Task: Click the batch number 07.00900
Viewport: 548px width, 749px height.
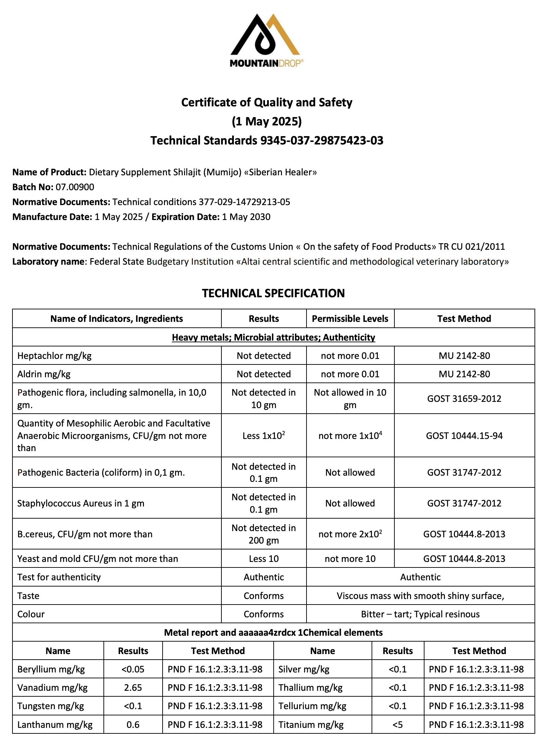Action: [75, 187]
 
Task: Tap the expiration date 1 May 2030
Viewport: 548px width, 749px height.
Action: [246, 217]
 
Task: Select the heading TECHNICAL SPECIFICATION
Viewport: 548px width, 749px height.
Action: [273, 293]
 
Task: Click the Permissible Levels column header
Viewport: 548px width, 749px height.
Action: [350, 319]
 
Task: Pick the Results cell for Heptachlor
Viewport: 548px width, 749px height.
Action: [264, 356]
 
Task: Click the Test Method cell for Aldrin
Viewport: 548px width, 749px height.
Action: [464, 374]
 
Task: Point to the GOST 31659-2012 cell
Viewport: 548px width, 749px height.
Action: [464, 399]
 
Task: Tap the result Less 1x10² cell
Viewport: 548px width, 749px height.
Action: [264, 436]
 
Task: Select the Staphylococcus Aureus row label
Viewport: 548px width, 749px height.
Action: [81, 503]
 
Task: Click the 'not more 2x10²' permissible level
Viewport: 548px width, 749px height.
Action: [350, 534]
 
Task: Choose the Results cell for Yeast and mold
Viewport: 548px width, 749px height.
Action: [264, 559]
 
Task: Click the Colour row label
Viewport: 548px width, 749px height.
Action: [31, 614]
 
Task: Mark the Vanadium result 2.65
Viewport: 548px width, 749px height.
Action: [133, 688]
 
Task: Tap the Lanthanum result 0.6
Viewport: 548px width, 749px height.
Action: [133, 725]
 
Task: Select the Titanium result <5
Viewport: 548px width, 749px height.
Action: [398, 725]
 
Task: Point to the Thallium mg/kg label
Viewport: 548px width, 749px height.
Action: [310, 688]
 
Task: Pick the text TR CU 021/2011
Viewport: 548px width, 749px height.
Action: [472, 247]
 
